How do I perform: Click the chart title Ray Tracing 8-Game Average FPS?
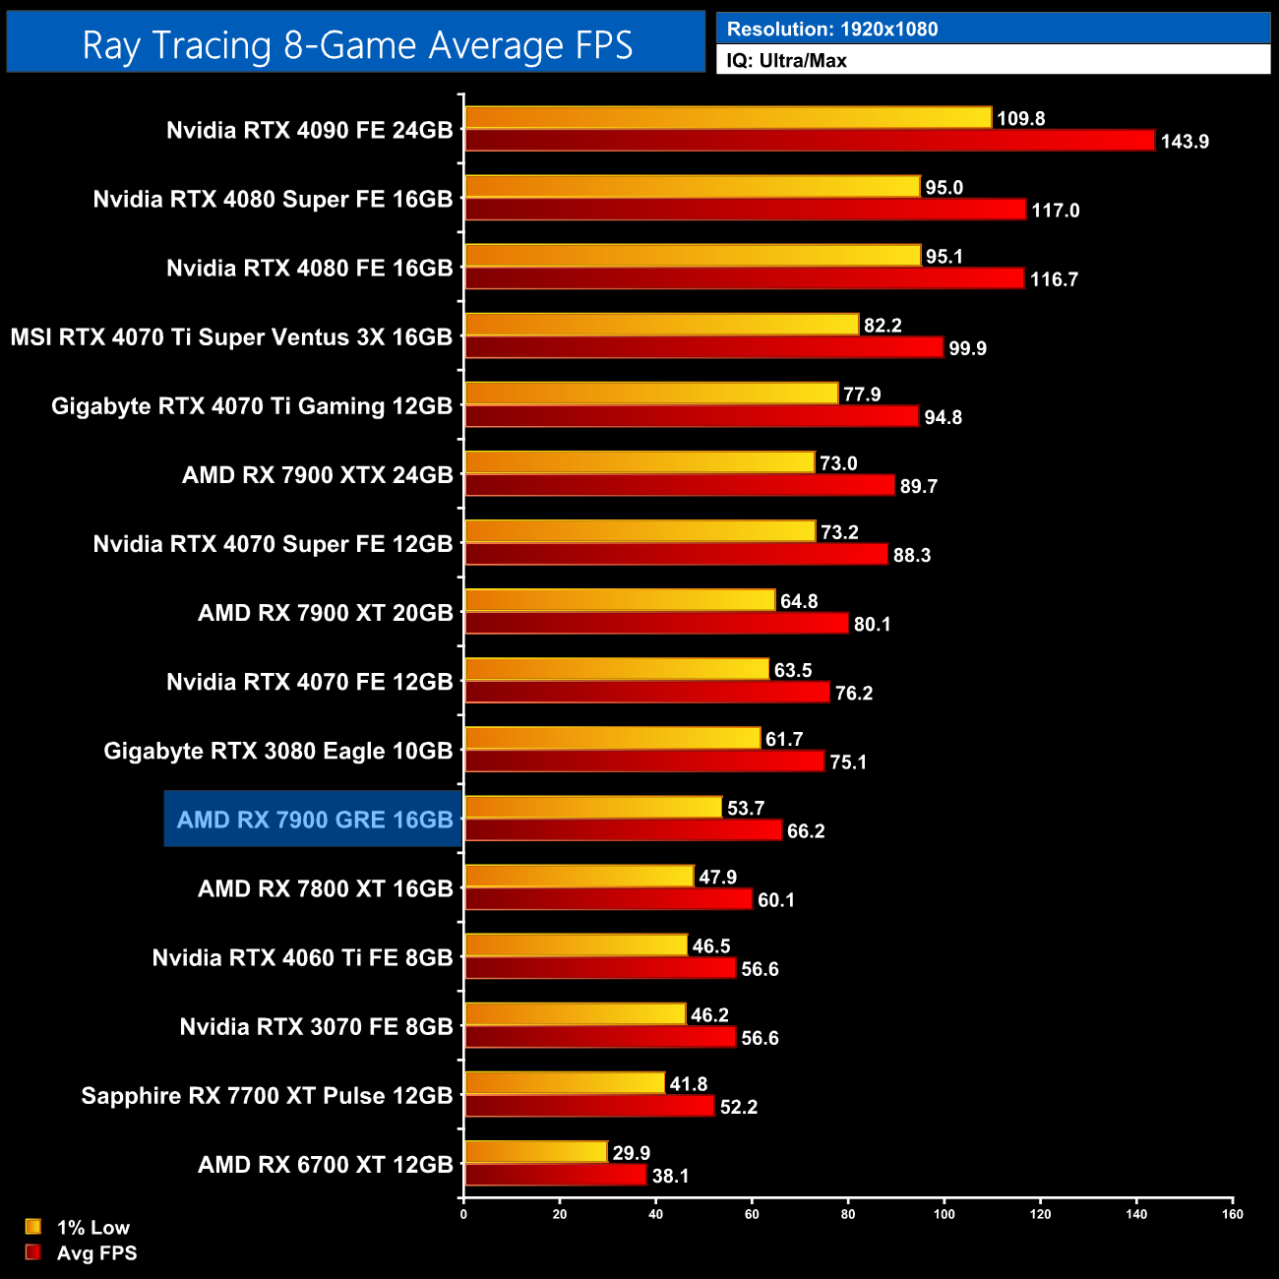(356, 45)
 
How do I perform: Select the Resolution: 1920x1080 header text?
(832, 30)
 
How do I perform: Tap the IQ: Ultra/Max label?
(786, 61)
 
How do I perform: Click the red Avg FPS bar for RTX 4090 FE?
(809, 141)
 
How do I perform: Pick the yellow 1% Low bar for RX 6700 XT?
(536, 1152)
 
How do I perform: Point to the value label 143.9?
(1185, 142)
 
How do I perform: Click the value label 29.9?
(632, 1153)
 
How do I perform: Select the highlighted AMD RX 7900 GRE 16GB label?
(315, 820)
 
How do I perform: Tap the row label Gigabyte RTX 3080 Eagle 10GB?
(278, 751)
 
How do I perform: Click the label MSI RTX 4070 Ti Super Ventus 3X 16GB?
(232, 337)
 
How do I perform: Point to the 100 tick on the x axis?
(944, 1214)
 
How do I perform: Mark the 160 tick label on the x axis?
(1233, 1214)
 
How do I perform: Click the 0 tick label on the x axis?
(463, 1214)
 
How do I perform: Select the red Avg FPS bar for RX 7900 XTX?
(679, 485)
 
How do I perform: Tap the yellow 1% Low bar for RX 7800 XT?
(579, 876)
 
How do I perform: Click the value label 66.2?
(806, 831)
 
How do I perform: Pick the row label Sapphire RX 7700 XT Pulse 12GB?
(267, 1096)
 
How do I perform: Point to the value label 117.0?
(1056, 211)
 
